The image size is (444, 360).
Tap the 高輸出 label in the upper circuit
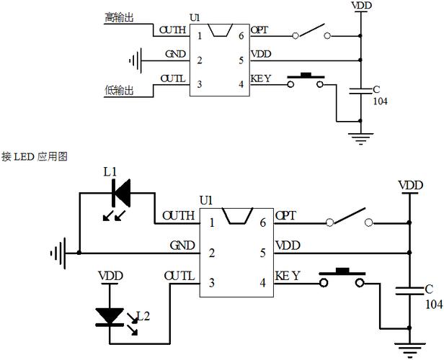click(119, 17)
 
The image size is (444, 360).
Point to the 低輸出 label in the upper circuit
click(119, 91)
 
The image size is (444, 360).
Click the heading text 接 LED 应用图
click(35, 156)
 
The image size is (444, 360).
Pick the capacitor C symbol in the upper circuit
click(360, 91)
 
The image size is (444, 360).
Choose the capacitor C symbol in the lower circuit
click(409, 291)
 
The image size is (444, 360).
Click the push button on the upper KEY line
click(306, 81)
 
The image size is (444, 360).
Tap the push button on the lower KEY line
click(342, 277)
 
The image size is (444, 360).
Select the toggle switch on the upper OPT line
click(311, 32)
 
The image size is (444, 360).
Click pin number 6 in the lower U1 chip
click(263, 223)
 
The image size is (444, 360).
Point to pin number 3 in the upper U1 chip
click(200, 84)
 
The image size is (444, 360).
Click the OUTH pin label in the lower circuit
click(179, 216)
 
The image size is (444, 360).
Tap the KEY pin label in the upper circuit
click(261, 78)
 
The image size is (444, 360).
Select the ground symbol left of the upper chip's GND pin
click(136, 60)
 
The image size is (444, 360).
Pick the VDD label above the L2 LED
click(110, 276)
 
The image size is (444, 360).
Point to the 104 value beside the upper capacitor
click(381, 102)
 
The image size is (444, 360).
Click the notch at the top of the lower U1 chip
click(238, 216)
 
